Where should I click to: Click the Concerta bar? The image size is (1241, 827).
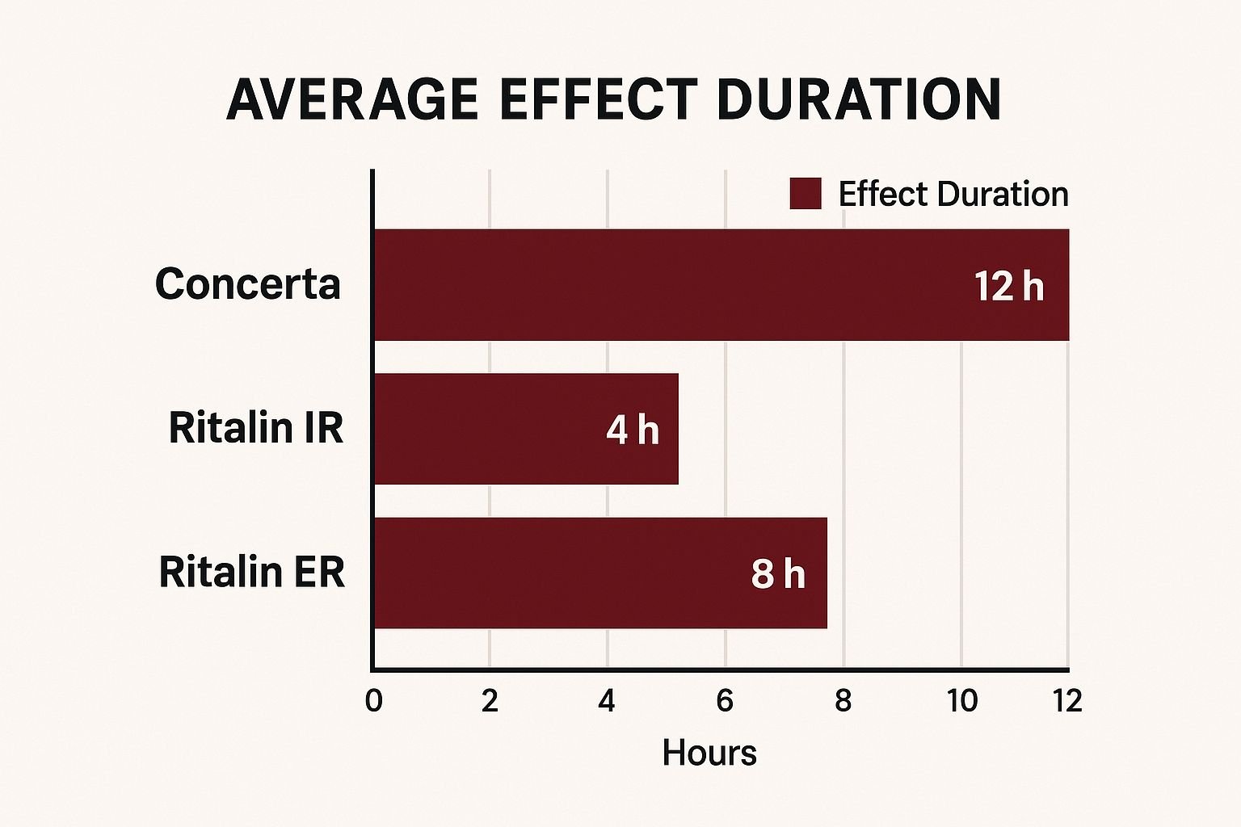[x=646, y=284]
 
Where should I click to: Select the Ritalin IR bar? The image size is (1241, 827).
[x=485, y=428]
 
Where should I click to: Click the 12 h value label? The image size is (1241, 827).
[x=1008, y=287]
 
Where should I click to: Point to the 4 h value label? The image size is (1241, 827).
[x=633, y=429]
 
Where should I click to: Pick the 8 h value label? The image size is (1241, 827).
[x=778, y=573]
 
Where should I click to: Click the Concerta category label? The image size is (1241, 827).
[x=247, y=284]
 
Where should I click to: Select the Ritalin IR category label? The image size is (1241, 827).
[x=255, y=427]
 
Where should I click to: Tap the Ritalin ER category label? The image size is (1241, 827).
[x=251, y=572]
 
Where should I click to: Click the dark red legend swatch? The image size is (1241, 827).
[x=805, y=194]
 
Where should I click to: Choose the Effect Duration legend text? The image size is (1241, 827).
[x=953, y=194]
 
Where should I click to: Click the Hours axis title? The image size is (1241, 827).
[x=709, y=753]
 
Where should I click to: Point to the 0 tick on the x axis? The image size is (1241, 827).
[x=373, y=700]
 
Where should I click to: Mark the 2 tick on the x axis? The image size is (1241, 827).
[x=490, y=700]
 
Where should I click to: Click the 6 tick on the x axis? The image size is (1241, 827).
[x=725, y=700]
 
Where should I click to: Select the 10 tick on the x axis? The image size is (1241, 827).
[x=961, y=700]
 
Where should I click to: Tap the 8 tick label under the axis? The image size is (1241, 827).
[x=843, y=700]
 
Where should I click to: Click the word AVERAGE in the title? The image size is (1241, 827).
[x=352, y=100]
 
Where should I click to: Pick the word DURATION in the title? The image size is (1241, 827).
[x=859, y=100]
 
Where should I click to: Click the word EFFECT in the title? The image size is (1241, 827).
[x=598, y=100]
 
